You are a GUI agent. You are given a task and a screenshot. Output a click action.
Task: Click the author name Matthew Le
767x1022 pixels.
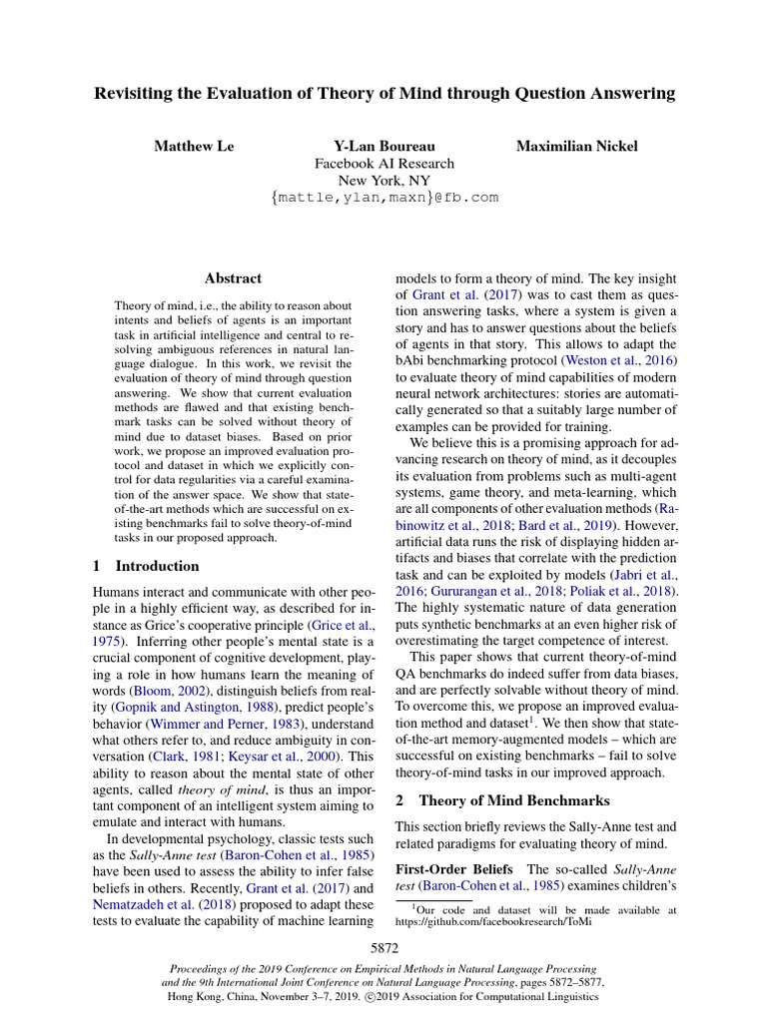tap(194, 146)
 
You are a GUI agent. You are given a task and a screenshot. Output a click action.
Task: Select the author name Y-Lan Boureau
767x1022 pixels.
tap(383, 146)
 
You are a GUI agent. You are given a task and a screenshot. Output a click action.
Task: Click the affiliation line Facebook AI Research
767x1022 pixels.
tap(383, 164)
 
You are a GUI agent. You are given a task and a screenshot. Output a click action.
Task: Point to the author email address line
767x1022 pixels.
tap(383, 198)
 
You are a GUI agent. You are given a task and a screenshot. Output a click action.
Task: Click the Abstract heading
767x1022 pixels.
tap(233, 278)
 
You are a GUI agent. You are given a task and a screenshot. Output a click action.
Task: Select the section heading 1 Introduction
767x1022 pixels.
tap(146, 566)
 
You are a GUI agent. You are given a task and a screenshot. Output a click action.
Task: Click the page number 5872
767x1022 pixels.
tap(383, 947)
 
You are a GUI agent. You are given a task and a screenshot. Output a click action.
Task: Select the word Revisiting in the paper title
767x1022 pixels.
tap(136, 94)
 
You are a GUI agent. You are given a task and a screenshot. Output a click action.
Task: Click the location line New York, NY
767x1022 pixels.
tap(383, 181)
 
